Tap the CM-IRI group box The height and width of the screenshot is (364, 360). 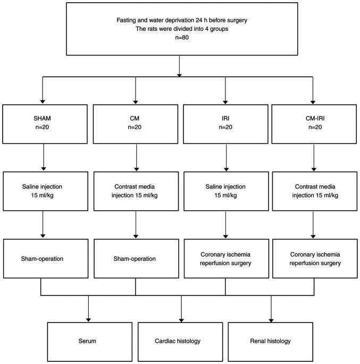pos(314,124)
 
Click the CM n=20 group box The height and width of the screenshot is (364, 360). pos(136,124)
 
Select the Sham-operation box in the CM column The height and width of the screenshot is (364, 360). pos(136,259)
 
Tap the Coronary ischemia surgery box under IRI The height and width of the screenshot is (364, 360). pos(225,259)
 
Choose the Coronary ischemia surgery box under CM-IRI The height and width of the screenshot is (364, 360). pos(314,259)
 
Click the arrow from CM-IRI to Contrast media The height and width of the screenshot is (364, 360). pos(314,158)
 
